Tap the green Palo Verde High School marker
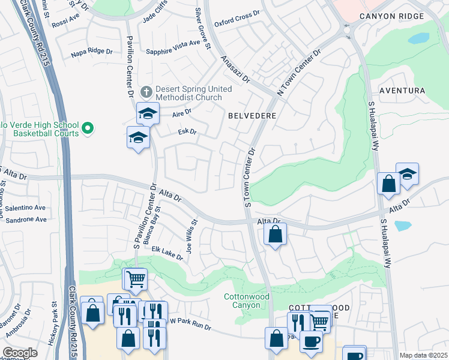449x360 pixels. pos(88,128)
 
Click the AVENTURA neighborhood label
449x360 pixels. pos(402,91)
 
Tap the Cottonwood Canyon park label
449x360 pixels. pos(242,301)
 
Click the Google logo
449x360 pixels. pos(20,353)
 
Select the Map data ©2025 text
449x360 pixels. pos(423,355)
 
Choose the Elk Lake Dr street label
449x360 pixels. pos(167,253)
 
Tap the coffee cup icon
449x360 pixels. pos(310,341)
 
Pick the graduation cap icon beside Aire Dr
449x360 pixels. pos(147,112)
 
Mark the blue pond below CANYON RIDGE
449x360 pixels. pos(418,38)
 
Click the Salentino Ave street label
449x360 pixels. pos(25,208)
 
